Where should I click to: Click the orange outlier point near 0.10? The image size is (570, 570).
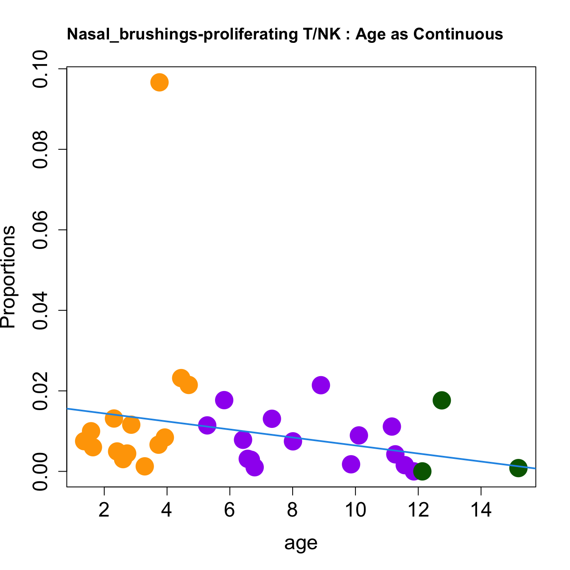click(x=159, y=82)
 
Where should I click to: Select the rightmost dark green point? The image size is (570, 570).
click(x=518, y=468)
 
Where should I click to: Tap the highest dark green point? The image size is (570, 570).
click(x=441, y=400)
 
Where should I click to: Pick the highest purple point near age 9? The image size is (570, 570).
click(x=321, y=385)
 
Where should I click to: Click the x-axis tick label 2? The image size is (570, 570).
click(x=104, y=510)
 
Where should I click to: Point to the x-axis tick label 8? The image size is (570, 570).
click(x=292, y=510)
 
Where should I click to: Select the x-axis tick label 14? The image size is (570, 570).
click(x=481, y=510)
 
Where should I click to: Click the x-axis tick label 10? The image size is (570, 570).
click(x=355, y=510)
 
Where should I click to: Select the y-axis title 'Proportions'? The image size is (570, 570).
click(x=8, y=277)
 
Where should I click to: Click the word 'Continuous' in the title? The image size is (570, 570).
click(x=458, y=34)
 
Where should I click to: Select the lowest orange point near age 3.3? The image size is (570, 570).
click(x=145, y=466)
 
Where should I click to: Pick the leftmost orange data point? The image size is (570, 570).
click(x=84, y=441)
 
